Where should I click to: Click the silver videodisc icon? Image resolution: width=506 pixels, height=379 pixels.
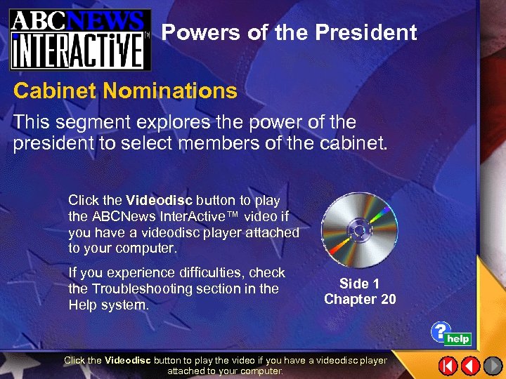[358, 230]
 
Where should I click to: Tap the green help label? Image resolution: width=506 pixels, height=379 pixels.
[458, 339]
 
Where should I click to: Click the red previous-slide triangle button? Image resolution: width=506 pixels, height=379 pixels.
[470, 366]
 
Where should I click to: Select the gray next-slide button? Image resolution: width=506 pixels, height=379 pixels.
[492, 366]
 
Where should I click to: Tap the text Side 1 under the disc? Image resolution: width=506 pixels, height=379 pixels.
[359, 284]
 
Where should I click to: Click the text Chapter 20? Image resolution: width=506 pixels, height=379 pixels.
[360, 300]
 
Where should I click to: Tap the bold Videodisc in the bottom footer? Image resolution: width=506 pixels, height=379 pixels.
[128, 360]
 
